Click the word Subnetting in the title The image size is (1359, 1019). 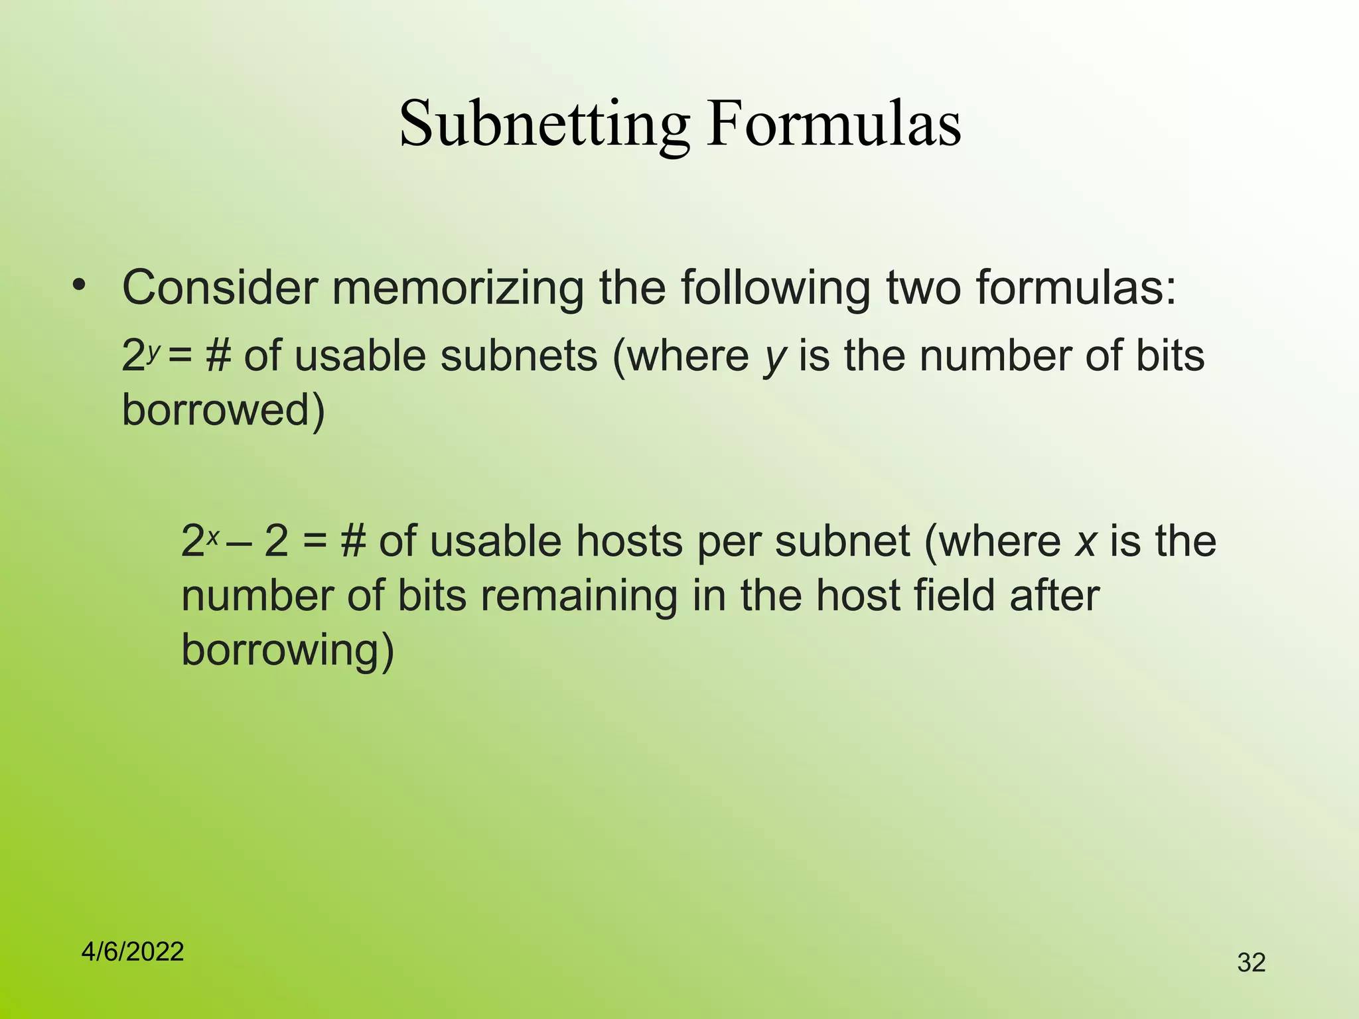(x=544, y=124)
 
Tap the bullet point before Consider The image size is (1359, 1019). (x=80, y=286)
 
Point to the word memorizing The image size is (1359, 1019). (x=458, y=288)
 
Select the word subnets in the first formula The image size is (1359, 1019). (x=519, y=356)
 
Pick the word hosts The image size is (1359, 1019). (x=629, y=541)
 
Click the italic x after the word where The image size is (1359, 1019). (x=1085, y=541)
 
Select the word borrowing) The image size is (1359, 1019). (x=287, y=649)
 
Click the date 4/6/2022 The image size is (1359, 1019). (x=133, y=952)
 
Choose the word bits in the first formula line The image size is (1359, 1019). (x=1170, y=356)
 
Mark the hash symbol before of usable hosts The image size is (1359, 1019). (x=353, y=541)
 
